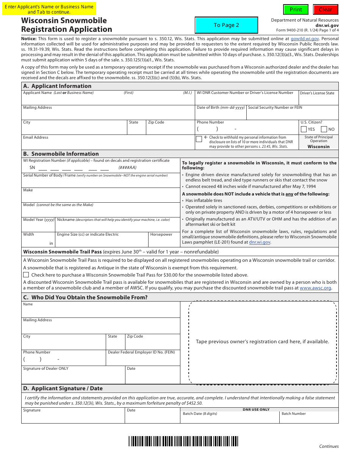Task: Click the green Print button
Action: coord(296,9)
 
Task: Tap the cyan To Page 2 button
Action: coord(226,25)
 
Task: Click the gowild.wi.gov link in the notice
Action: coord(305,39)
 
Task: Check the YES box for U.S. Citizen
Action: coord(304,129)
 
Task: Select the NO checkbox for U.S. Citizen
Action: coord(324,129)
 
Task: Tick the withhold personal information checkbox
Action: coord(199,139)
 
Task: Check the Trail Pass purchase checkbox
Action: coord(26,275)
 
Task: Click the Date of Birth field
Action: coord(221,114)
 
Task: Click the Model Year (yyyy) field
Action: coord(38,226)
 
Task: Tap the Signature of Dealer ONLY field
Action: coord(73,377)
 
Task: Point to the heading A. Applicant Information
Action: coord(57,86)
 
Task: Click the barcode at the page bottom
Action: coord(183,441)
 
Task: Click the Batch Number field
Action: coord(309,419)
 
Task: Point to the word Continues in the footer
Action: coord(329,446)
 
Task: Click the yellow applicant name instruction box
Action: coord(49,9)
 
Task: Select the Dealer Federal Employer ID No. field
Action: coord(143,360)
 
